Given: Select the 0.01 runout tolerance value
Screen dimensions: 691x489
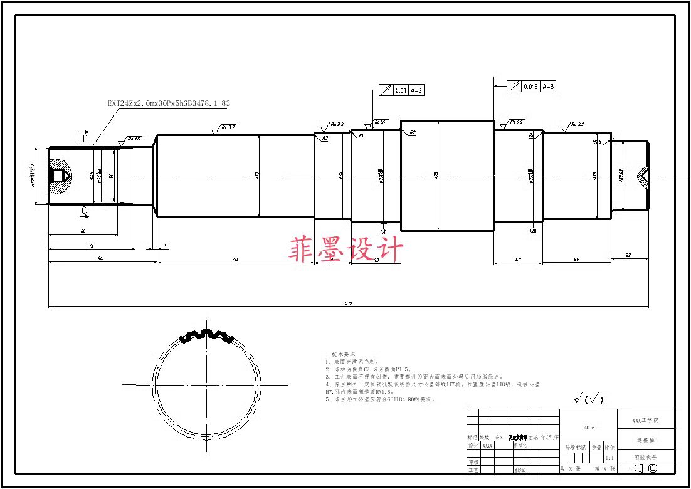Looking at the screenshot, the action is pos(401,90).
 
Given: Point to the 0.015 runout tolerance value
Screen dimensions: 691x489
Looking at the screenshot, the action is pos(530,87).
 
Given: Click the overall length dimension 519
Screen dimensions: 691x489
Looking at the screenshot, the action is pos(349,303).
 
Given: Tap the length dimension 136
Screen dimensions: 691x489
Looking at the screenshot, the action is pos(235,259).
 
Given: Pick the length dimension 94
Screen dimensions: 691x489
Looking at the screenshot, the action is pos(100,259).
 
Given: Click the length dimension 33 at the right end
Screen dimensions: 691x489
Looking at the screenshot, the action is pos(628,255).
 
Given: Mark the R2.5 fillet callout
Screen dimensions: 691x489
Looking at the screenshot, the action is pos(597,142).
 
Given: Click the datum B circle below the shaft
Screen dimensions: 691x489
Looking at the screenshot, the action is pos(534,231).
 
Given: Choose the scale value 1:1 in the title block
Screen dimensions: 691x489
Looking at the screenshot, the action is pos(609,458).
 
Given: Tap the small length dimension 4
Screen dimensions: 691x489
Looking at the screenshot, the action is pos(165,246).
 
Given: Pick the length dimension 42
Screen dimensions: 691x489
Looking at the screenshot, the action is pos(518,259).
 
